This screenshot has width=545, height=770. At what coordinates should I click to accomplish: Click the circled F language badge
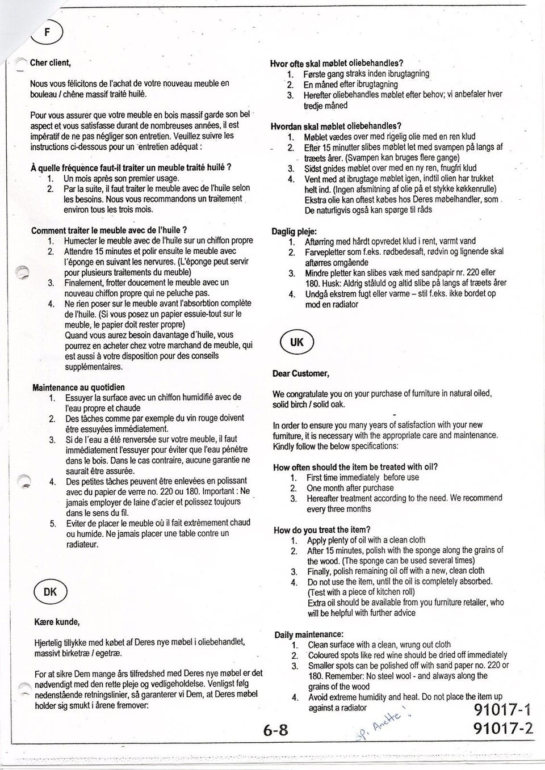coord(49,32)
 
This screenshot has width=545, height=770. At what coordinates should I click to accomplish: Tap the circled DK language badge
coord(50,592)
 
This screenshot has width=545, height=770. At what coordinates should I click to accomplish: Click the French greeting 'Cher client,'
coord(50,62)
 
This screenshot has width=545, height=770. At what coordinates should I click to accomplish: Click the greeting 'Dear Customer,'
coord(301,373)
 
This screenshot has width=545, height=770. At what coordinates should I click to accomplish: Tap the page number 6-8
coord(276,730)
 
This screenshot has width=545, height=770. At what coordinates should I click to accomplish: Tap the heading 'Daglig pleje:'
coord(295,231)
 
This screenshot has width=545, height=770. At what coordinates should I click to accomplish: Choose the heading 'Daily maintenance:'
coord(309,634)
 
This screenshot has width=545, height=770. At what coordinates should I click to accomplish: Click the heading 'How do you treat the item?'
coord(322,530)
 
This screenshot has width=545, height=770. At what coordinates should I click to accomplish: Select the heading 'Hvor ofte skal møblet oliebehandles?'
coord(337,63)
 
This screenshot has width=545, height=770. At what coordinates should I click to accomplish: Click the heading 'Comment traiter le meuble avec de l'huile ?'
coord(110,230)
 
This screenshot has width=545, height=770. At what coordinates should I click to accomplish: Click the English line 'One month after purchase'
coord(350,488)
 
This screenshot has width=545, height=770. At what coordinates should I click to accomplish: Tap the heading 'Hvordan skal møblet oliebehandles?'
coord(336,126)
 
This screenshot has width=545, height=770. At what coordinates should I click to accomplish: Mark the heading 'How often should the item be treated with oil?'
coord(355,467)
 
